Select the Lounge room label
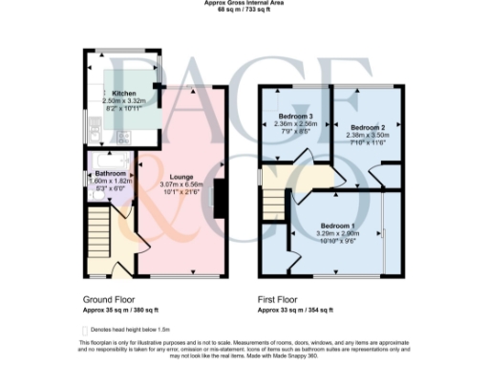181,177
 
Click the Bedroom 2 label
367,127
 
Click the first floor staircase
273,204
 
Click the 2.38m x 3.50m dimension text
367,136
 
